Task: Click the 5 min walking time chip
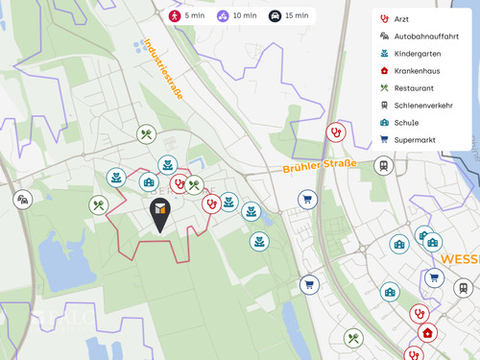[188, 15]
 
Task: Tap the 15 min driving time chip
[290, 15]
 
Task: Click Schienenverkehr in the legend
[423, 105]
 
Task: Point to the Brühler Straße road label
[319, 165]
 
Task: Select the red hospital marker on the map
[427, 333]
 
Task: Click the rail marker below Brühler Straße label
[383, 165]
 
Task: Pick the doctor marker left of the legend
[335, 132]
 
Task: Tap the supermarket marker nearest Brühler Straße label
[307, 200]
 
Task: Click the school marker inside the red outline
[149, 181]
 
